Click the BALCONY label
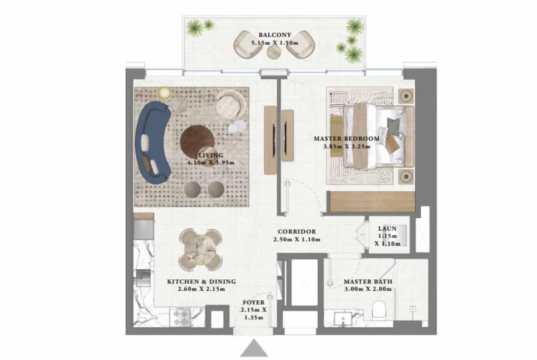(274, 35)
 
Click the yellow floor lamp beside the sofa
(165, 93)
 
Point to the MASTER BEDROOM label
(347, 138)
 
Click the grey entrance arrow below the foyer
(254, 348)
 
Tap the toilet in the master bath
(379, 310)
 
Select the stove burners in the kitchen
(181, 317)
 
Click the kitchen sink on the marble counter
(143, 277)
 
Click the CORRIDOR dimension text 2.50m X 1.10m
(296, 239)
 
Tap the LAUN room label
(387, 228)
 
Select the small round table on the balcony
(274, 52)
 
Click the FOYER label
(253, 303)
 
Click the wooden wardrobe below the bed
(372, 202)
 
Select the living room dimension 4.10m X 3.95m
(211, 162)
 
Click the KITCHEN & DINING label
(201, 282)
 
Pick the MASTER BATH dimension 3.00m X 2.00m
(368, 289)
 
